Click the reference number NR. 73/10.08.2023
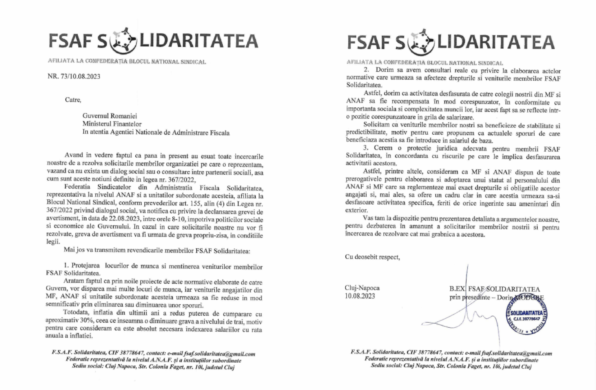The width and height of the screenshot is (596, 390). click(74, 76)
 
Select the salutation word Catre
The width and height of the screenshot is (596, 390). click(73, 100)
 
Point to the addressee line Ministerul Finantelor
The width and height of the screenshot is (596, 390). click(112, 124)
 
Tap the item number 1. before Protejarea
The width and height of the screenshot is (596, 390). click(66, 266)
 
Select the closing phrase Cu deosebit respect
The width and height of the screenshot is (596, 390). click(372, 257)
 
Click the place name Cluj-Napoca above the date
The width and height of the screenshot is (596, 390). click(362, 288)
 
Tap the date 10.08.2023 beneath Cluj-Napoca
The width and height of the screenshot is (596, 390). click(360, 296)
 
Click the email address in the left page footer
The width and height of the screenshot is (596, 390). click(220, 354)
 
